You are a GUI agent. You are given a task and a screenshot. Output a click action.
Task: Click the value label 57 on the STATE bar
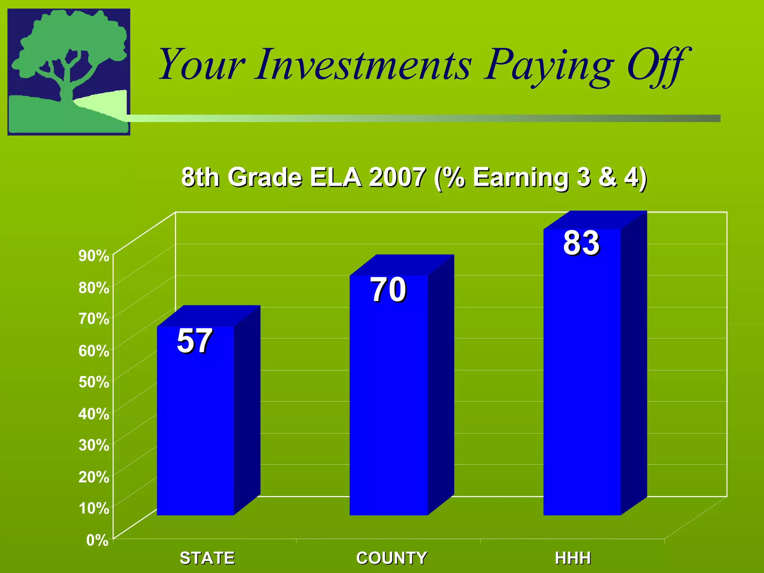pos(194,341)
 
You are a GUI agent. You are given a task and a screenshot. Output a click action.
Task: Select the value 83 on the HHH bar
pos(581,243)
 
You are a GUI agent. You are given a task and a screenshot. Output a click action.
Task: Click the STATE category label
pos(207,558)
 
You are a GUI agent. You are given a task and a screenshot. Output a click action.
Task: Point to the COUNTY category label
pos(391,558)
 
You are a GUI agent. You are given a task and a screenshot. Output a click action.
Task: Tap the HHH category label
pos(573,558)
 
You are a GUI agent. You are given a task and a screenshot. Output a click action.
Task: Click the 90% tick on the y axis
pos(94,256)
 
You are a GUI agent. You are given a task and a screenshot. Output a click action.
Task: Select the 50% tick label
pos(94,382)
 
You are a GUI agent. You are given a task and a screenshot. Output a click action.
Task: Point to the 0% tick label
pos(97,540)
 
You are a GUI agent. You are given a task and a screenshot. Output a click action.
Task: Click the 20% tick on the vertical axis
pos(94,477)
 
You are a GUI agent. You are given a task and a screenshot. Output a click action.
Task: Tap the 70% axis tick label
pos(94,319)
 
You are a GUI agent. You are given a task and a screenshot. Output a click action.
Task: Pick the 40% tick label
pos(94,414)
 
